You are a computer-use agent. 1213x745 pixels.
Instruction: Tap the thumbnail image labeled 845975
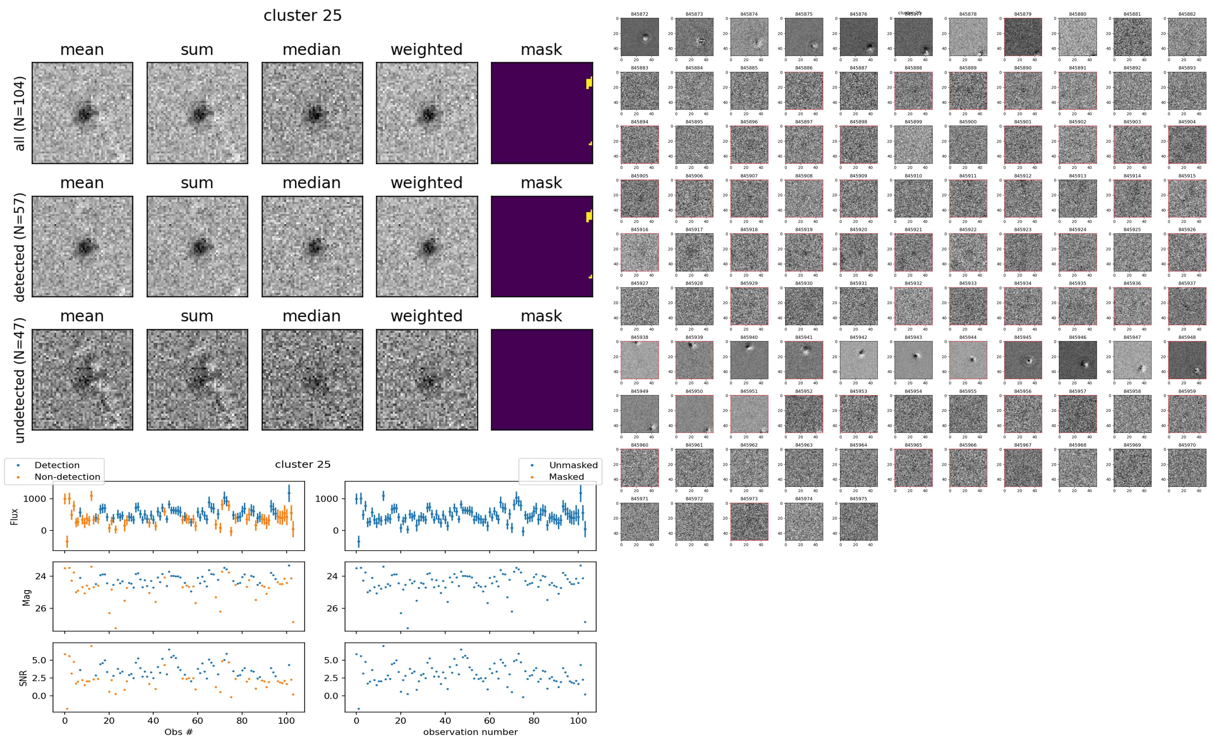click(858, 521)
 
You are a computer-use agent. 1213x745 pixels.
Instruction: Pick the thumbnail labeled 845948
click(1187, 360)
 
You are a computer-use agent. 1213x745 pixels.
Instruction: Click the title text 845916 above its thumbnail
click(639, 230)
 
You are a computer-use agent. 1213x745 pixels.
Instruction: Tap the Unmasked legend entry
click(573, 465)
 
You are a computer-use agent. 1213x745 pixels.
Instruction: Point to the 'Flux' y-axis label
click(14, 516)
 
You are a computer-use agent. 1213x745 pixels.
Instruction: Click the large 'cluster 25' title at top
click(303, 16)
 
